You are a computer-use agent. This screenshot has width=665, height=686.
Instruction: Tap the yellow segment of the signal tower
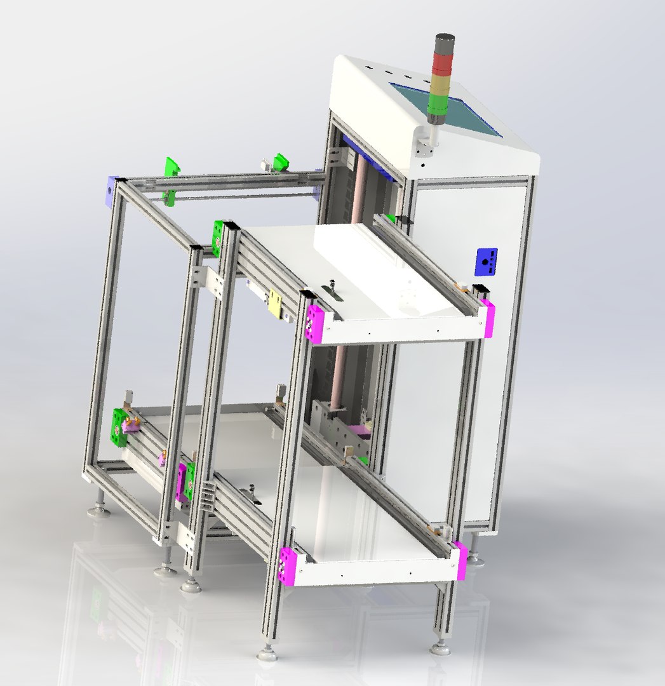coord(440,84)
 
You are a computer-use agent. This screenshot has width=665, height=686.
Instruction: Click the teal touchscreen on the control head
coord(453,109)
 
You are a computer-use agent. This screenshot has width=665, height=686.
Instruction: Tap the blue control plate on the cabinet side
coord(487,262)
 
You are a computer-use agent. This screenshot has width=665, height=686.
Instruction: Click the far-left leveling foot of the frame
coord(98,508)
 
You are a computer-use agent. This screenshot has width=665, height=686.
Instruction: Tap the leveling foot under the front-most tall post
coord(267,653)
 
